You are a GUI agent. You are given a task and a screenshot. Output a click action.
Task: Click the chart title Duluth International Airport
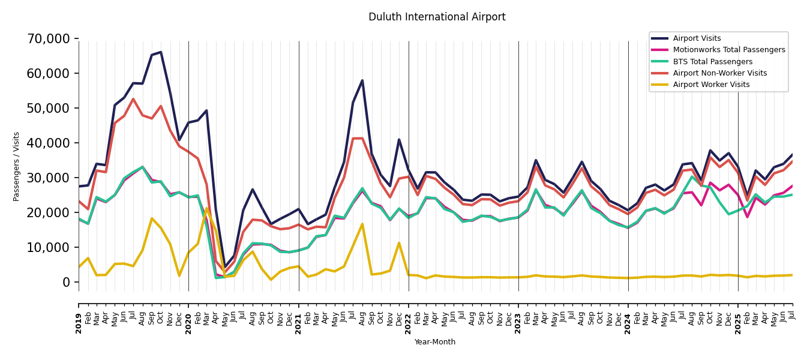(437, 17)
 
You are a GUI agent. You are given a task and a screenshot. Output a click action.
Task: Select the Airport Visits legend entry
(697, 38)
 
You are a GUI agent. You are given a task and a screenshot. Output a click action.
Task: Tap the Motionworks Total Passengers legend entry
(728, 50)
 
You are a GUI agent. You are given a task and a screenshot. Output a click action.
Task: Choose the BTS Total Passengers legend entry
(712, 62)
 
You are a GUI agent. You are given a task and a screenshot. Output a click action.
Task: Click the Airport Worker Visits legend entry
(711, 85)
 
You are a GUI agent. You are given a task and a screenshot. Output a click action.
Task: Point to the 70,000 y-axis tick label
(49, 39)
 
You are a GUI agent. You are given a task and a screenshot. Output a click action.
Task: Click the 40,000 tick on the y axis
(49, 143)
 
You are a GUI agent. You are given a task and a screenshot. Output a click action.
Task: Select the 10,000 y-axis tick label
(49, 247)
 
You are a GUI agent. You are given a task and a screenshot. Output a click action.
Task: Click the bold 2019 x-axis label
(79, 315)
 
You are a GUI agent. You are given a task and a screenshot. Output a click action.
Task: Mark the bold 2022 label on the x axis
(409, 315)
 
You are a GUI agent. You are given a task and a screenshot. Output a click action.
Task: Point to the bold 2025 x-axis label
(738, 315)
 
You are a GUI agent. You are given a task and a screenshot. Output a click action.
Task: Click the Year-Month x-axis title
(435, 342)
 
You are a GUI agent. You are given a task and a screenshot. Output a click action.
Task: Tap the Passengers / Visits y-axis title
(17, 166)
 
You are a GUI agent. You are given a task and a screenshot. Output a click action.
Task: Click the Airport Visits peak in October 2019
(161, 52)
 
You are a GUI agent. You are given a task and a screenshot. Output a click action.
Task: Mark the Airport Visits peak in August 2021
(362, 80)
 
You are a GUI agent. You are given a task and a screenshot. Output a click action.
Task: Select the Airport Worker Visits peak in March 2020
(206, 208)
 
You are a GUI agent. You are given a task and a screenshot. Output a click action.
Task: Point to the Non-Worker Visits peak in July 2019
(133, 99)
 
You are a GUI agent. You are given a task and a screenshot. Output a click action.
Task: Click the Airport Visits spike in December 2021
(399, 139)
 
